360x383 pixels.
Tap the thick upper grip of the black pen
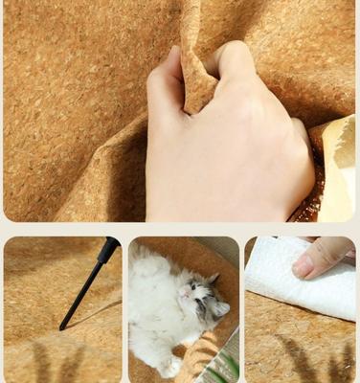click(x=107, y=250)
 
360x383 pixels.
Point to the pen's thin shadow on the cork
click(x=96, y=312)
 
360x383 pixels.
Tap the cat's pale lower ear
click(x=219, y=309)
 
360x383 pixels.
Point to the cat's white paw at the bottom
click(x=169, y=366)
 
